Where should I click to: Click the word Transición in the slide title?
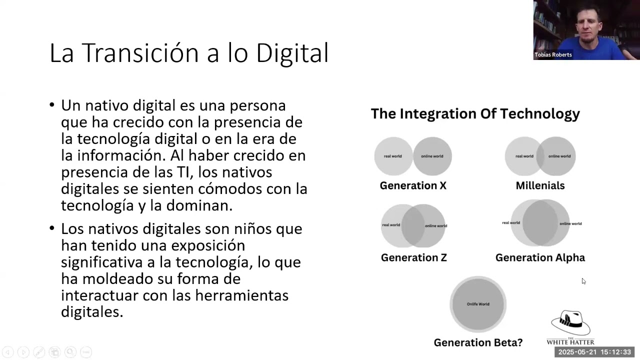tap(140, 52)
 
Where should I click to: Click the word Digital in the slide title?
tap(292, 52)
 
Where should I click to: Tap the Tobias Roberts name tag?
tap(553, 54)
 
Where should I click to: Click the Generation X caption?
tap(413, 185)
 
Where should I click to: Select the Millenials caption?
tap(540, 185)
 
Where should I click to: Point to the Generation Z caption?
tap(413, 257)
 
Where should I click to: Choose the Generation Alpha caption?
tap(540, 257)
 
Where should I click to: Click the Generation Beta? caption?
tap(478, 342)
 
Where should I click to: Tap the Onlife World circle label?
tap(478, 304)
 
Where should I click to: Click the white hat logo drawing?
tap(570, 323)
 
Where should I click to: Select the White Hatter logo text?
tap(570, 341)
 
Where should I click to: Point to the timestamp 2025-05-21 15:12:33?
tap(594, 352)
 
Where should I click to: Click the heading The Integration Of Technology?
tap(475, 113)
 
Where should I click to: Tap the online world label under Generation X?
tap(432, 156)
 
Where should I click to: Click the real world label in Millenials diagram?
tap(524, 156)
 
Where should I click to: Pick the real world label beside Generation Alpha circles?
tap(511, 223)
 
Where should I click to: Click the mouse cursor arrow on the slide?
tap(583, 281)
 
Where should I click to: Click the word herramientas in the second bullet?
tap(241, 295)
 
